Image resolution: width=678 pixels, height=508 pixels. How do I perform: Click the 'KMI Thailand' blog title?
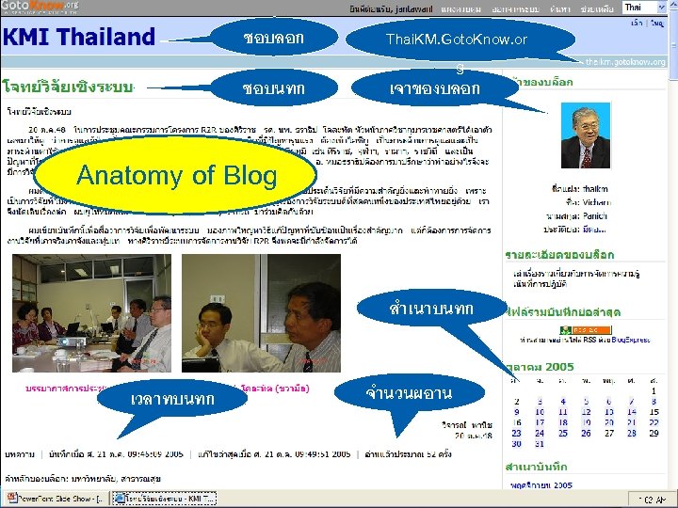[x=79, y=38]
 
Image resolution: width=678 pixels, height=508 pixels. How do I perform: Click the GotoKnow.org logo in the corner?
[x=40, y=8]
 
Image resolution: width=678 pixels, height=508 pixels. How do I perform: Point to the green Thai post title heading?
[x=68, y=85]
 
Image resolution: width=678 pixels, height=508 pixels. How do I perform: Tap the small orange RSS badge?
[x=572, y=330]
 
